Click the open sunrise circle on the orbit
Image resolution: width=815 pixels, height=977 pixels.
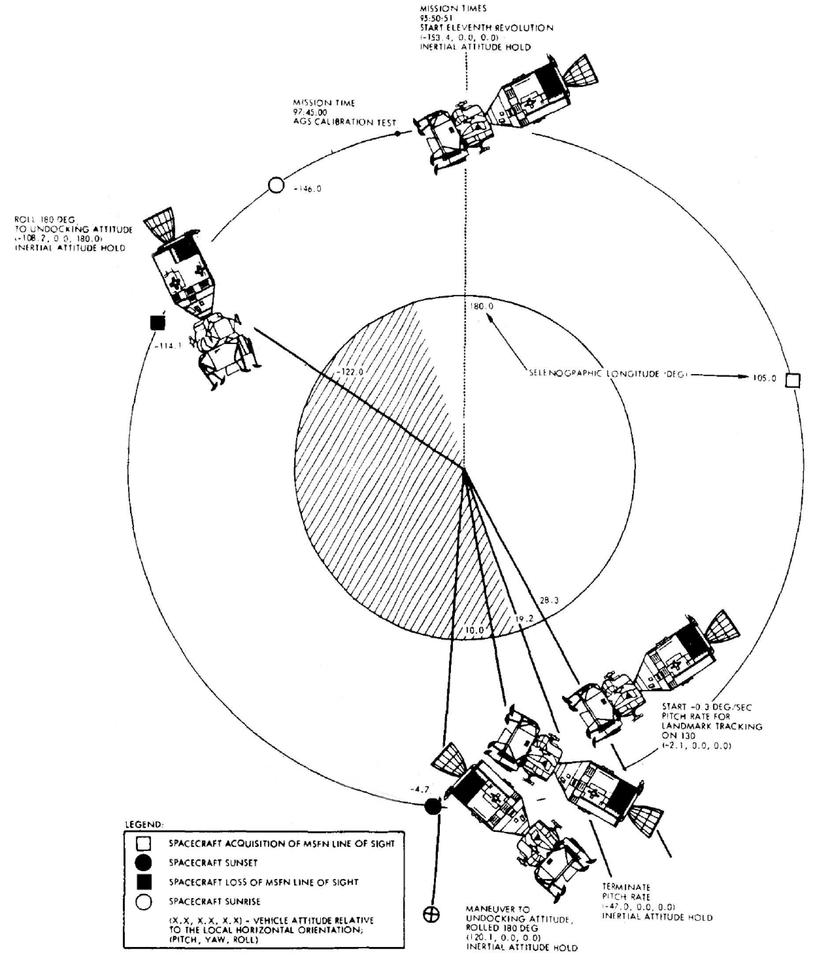[276, 185]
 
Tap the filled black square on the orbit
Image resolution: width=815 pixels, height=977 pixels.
[158, 322]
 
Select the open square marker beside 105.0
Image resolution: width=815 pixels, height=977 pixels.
[793, 380]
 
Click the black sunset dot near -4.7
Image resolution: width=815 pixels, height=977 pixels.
[433, 806]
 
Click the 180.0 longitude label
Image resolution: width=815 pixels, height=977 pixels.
[482, 306]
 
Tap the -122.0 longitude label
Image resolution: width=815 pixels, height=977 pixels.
[350, 372]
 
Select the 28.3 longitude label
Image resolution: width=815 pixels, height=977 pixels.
[549, 600]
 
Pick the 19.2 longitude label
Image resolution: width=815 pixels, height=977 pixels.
[524, 619]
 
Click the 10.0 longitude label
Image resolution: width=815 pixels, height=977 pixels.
[475, 630]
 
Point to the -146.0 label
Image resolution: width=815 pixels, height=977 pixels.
[307, 189]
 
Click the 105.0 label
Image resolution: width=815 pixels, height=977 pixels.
[764, 378]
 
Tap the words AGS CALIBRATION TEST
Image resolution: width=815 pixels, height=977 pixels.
[345, 122]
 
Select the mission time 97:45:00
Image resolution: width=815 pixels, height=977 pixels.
[310, 112]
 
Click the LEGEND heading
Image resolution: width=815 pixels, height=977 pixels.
[144, 824]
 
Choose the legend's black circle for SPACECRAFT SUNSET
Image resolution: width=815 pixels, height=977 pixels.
[144, 863]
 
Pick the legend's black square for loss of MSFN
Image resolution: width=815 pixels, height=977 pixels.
[144, 882]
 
